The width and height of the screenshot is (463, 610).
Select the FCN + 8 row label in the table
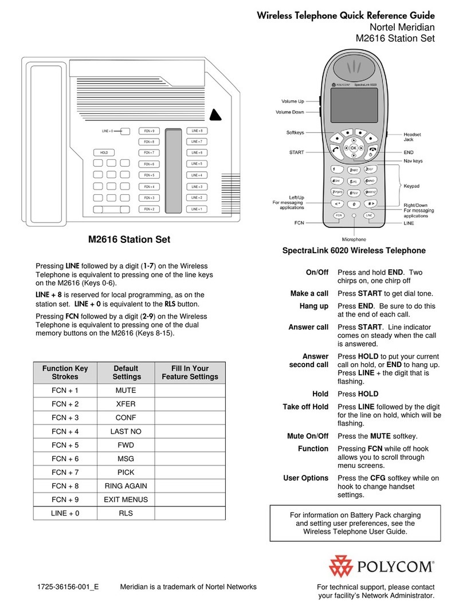tap(64, 486)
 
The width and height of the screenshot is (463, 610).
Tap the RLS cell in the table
tap(126, 513)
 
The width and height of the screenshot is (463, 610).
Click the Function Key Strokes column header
tap(64, 372)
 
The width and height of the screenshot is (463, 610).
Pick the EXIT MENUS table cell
tap(126, 499)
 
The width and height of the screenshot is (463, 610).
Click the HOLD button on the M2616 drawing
tap(104, 153)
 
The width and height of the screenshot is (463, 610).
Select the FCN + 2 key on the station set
tap(149, 209)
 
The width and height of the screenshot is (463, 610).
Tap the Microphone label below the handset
tap(354, 239)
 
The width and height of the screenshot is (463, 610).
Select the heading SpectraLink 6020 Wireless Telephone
tap(354, 251)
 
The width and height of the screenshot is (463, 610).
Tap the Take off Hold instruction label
tap(305, 407)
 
